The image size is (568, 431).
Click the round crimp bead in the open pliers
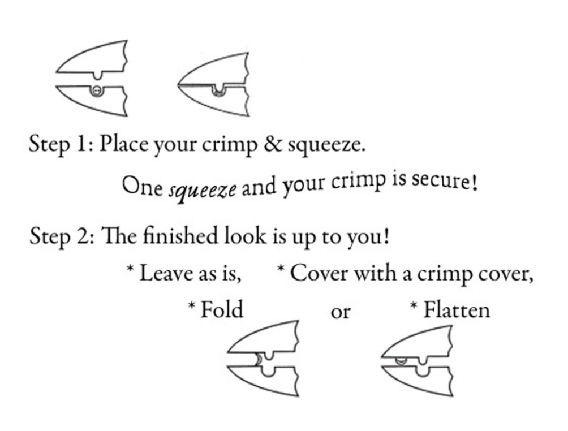click(96, 90)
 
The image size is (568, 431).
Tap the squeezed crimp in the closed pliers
click(218, 93)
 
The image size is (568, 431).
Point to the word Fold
click(222, 310)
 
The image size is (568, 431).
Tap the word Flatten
click(457, 310)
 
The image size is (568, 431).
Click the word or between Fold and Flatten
click(341, 313)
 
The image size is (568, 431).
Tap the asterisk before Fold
click(192, 306)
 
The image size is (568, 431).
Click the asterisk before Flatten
click(414, 306)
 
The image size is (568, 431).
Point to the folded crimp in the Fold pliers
click(259, 359)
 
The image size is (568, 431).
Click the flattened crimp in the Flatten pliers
click(401, 361)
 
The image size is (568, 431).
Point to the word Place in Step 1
click(123, 144)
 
